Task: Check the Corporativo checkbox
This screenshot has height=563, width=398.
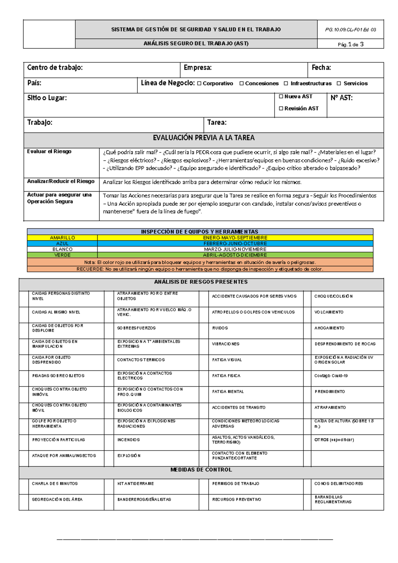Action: click(199, 84)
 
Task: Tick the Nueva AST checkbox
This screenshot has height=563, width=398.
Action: click(281, 97)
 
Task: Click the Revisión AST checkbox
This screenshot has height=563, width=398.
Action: click(281, 109)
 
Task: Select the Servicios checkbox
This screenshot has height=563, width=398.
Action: click(339, 84)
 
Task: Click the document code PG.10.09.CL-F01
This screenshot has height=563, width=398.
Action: click(350, 30)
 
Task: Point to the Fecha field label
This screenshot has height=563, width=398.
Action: click(321, 68)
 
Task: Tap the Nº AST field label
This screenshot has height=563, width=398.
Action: click(341, 98)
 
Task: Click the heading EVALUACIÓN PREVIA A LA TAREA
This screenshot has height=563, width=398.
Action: click(204, 138)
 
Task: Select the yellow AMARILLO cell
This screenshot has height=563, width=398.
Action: click(62, 238)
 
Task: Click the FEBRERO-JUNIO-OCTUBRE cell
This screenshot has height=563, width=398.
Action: click(235, 244)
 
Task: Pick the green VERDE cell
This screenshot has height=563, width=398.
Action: click(62, 255)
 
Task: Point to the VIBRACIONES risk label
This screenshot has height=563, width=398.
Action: click(226, 344)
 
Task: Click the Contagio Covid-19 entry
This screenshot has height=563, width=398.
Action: click(331, 376)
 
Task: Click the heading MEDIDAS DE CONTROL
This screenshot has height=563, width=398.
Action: click(201, 470)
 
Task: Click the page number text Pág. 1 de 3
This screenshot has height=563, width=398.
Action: click(350, 44)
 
